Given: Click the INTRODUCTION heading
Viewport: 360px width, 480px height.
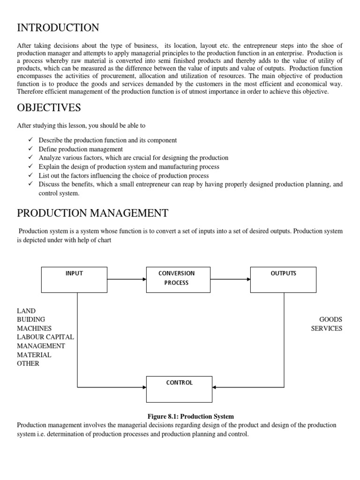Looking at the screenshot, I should (58, 28).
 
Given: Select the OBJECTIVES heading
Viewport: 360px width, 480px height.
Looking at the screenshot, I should (49, 108).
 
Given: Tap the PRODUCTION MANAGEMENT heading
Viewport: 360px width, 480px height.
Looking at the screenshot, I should (92, 213).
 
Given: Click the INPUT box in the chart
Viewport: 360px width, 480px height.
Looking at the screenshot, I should (74, 280).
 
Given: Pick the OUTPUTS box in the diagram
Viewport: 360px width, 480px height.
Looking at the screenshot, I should (283, 280).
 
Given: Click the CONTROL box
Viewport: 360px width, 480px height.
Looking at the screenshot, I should (179, 389).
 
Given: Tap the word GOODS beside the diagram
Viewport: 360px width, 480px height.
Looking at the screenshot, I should (330, 320).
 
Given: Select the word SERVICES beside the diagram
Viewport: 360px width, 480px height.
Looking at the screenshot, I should (327, 329).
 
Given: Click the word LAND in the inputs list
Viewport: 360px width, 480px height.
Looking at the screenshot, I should (26, 311).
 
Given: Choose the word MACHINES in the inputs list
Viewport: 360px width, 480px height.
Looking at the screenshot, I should (34, 329).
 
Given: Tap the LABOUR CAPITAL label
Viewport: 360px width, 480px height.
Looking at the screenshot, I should (45, 337).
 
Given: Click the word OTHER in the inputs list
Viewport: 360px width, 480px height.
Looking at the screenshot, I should (28, 363).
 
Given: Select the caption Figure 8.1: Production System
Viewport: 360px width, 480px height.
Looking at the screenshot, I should (190, 416).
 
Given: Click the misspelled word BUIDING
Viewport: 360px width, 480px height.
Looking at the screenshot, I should (31, 320).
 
